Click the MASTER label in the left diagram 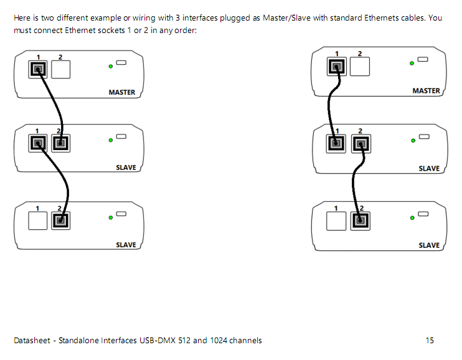(121, 92)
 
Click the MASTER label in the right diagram (426, 91)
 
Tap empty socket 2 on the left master (60, 69)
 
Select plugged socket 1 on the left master (37, 69)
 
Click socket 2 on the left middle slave (60, 144)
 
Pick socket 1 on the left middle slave (37, 144)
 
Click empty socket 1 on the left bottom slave (37, 220)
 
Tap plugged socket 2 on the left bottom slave (60, 220)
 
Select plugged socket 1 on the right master (337, 67)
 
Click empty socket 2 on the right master (360, 67)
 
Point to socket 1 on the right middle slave (337, 144)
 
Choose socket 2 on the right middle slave (360, 144)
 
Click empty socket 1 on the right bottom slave (337, 220)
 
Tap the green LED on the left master (110, 65)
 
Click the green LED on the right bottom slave (412, 217)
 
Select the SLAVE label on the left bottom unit (126, 245)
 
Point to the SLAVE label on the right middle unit (429, 168)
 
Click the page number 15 (430, 340)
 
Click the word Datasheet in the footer (32, 340)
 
